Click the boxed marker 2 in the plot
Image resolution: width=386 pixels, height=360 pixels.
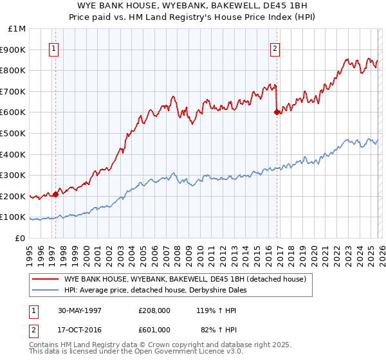coord(275,48)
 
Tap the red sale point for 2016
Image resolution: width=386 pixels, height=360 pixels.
coord(277,112)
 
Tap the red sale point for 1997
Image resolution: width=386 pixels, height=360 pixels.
coord(56,194)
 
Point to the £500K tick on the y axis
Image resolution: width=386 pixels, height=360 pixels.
coord(14,133)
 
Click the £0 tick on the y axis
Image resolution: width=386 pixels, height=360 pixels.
coord(20,238)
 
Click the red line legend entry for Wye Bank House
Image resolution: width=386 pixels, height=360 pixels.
coord(188,279)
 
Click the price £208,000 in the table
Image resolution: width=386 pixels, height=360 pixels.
coord(154,310)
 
